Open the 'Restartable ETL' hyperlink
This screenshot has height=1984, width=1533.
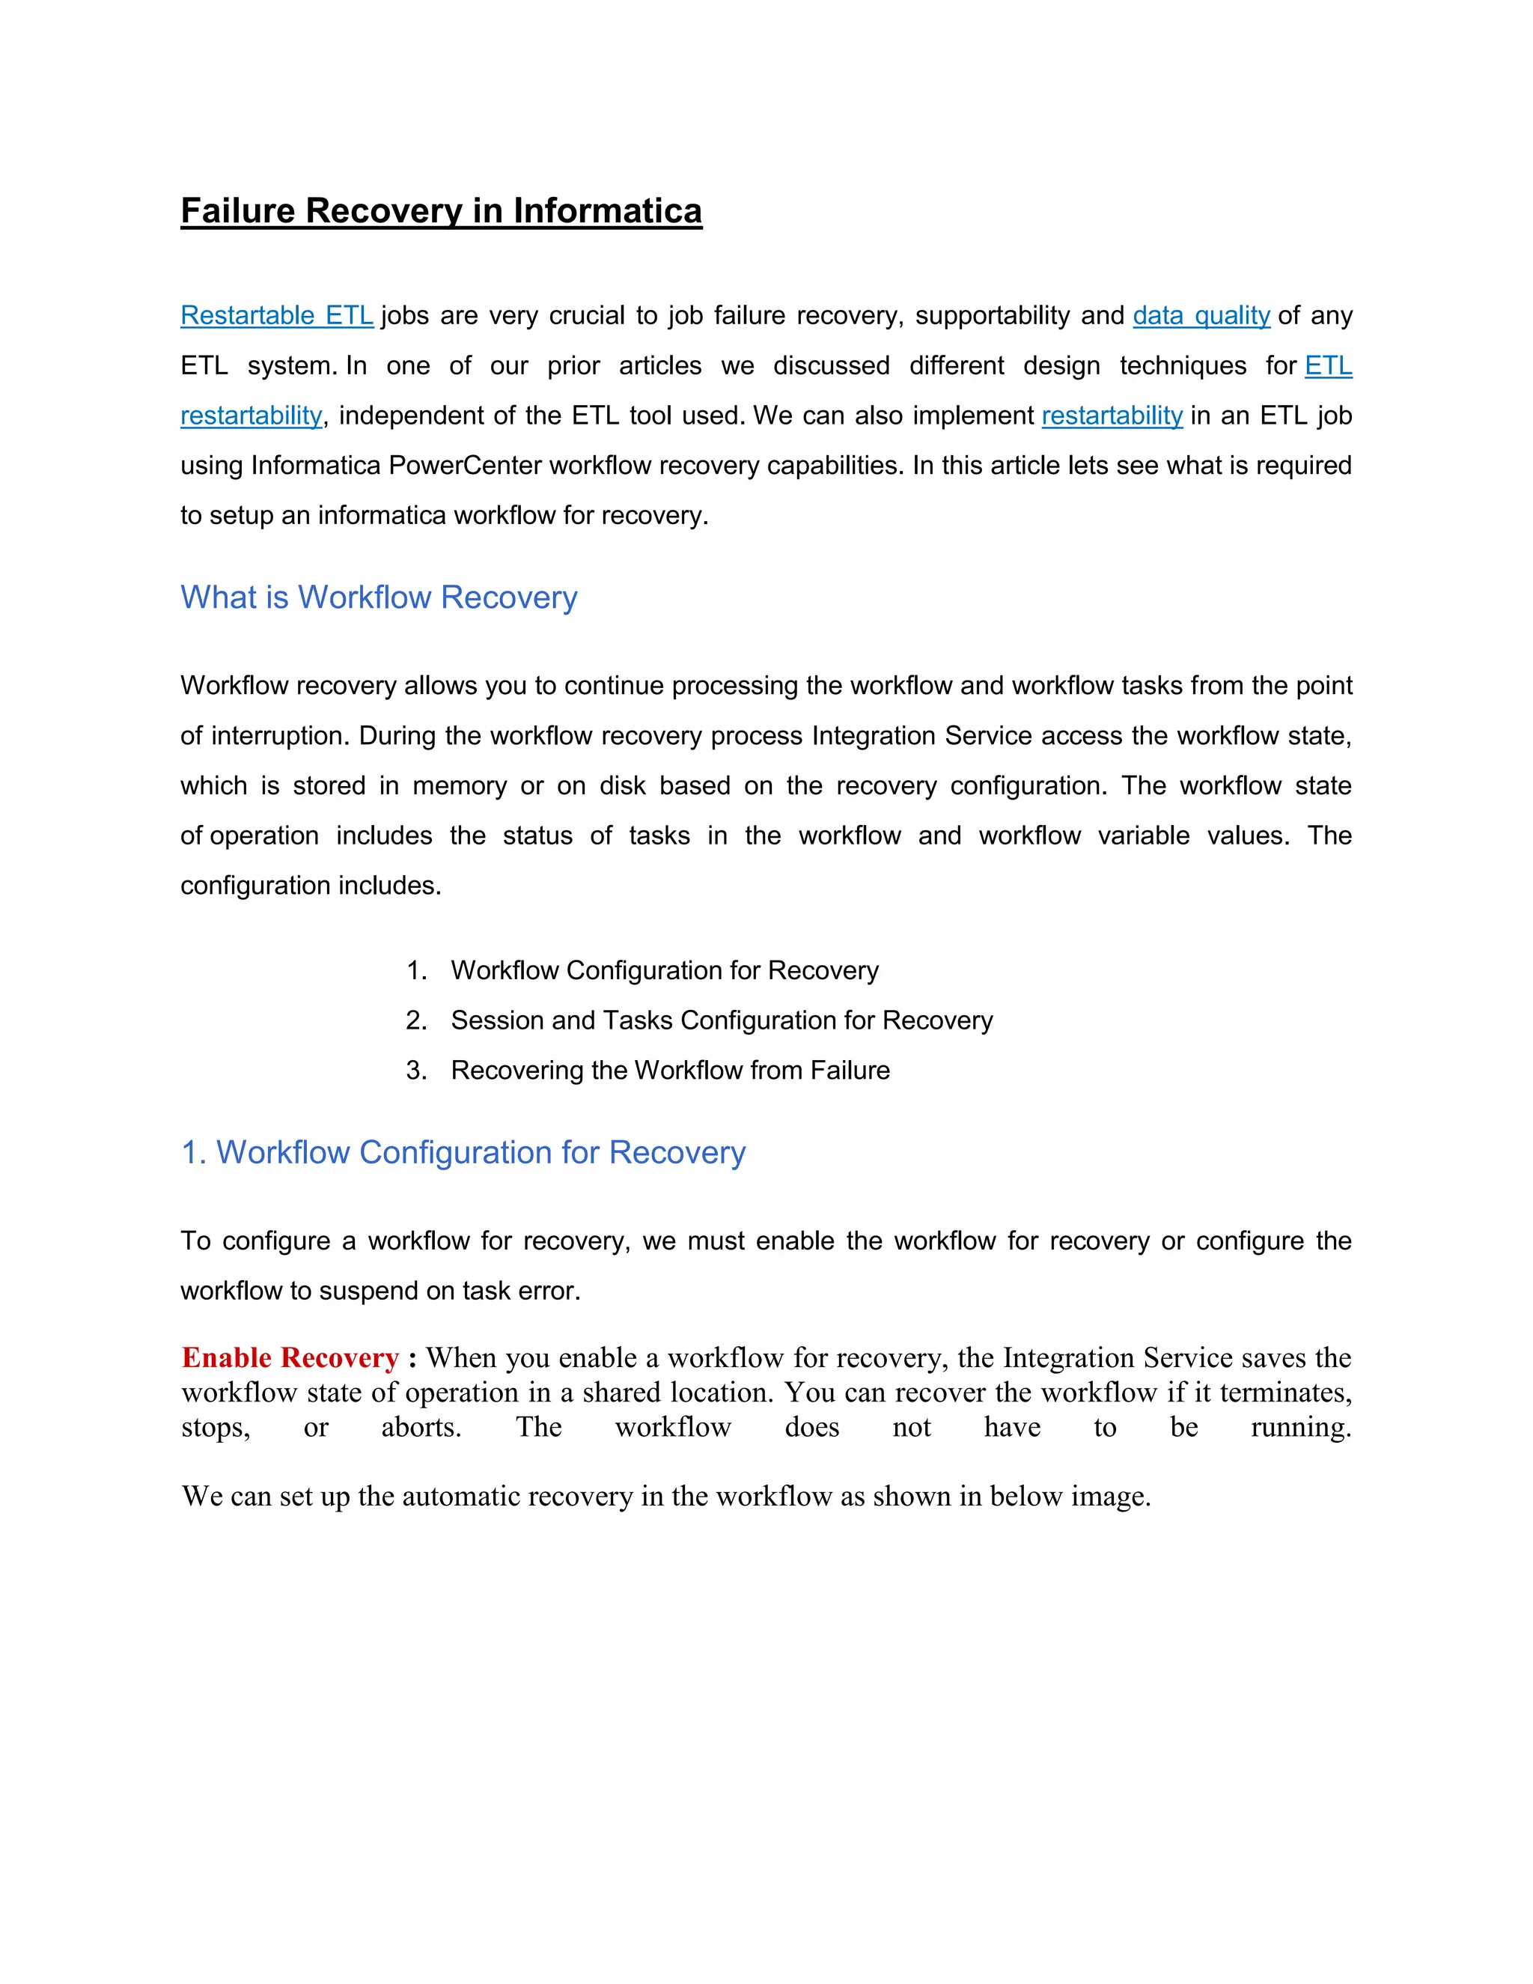pyautogui.click(x=277, y=315)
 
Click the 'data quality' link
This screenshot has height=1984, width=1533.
pyautogui.click(x=1201, y=315)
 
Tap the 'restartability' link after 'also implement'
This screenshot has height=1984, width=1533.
pyautogui.click(x=1112, y=416)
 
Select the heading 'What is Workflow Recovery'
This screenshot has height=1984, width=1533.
pyautogui.click(x=379, y=597)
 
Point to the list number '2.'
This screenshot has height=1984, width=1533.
pyautogui.click(x=416, y=1020)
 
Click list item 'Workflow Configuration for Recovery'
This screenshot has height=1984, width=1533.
pyautogui.click(x=664, y=970)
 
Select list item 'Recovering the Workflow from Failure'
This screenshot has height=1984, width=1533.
pyautogui.click(x=669, y=1070)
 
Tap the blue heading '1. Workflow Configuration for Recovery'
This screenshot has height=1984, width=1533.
pyautogui.click(x=463, y=1152)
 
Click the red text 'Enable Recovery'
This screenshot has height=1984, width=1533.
pyautogui.click(x=290, y=1357)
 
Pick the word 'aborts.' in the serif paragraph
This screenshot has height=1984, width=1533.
pyautogui.click(x=421, y=1427)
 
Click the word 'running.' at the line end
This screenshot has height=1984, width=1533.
pyautogui.click(x=1300, y=1427)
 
